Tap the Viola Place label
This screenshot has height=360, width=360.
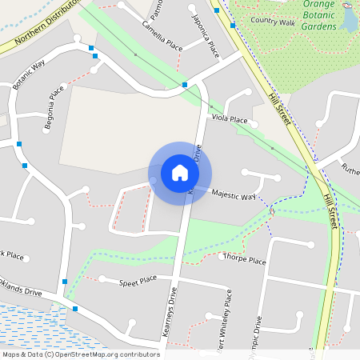click(230, 118)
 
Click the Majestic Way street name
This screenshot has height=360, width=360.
click(233, 194)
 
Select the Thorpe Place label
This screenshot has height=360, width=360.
click(245, 260)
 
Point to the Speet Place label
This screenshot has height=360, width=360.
click(138, 281)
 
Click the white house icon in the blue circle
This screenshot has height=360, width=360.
click(180, 173)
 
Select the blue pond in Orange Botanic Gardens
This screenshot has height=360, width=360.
click(349, 20)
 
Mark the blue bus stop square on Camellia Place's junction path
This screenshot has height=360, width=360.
click(185, 84)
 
